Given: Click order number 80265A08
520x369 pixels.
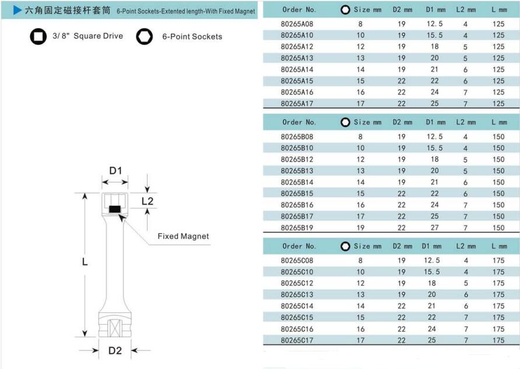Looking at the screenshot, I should [297, 24].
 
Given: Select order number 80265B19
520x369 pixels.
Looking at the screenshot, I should [297, 228].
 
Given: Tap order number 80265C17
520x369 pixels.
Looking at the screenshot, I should [297, 340].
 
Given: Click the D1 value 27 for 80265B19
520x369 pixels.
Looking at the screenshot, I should [434, 228].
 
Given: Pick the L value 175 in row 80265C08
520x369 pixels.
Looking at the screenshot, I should [498, 260].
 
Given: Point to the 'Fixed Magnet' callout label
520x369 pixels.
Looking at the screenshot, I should [183, 236].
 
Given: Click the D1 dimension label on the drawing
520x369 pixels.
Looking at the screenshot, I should [115, 171].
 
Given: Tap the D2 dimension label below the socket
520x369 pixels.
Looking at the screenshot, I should [115, 351].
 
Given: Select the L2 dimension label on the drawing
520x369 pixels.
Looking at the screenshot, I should [148, 201].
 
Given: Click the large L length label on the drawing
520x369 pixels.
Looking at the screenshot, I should [85, 262].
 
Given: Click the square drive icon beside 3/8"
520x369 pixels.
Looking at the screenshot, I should [39, 36].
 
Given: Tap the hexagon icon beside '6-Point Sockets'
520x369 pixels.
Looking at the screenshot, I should [144, 36].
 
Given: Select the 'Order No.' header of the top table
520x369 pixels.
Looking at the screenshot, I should [299, 9].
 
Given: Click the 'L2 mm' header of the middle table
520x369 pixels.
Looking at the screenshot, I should [466, 122].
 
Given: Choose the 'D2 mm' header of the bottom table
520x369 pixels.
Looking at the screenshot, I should [402, 246].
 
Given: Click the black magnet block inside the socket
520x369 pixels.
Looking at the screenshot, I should [114, 208].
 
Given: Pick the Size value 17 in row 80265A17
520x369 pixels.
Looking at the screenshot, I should [360, 103].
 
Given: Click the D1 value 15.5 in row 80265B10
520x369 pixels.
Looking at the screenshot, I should [434, 148].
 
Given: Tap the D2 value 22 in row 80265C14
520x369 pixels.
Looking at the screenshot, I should [402, 306].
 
